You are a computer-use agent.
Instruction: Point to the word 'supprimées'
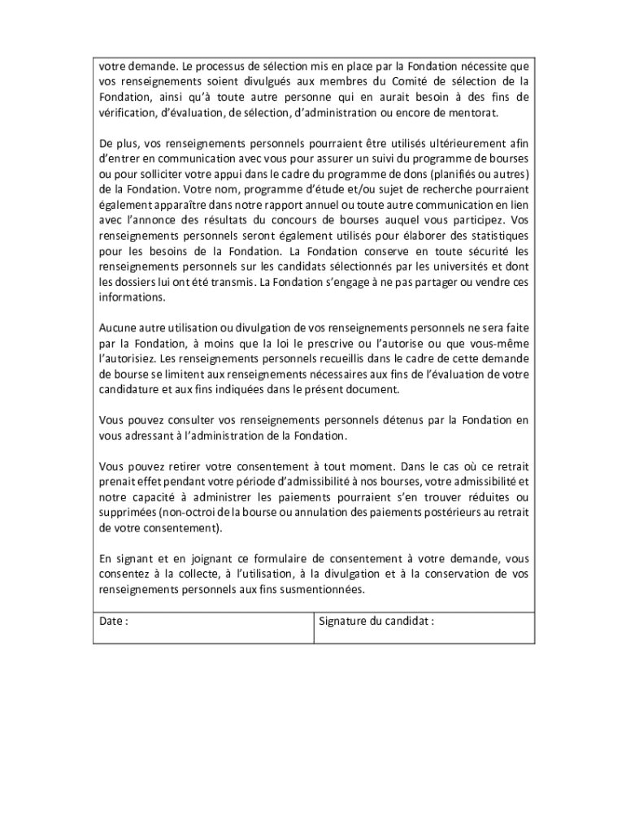tap(128, 513)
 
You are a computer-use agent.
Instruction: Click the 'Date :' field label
tap(114, 622)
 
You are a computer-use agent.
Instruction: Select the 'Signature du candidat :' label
tap(376, 622)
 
